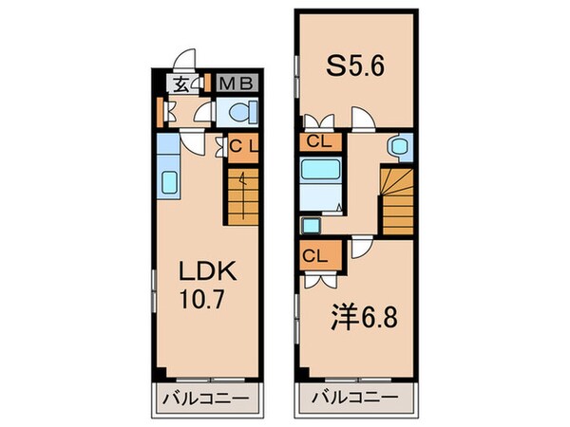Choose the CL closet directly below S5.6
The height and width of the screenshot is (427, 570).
point(317,142)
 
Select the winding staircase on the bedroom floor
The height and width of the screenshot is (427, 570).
point(397,199)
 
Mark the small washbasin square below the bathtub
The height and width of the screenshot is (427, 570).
point(310,226)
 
